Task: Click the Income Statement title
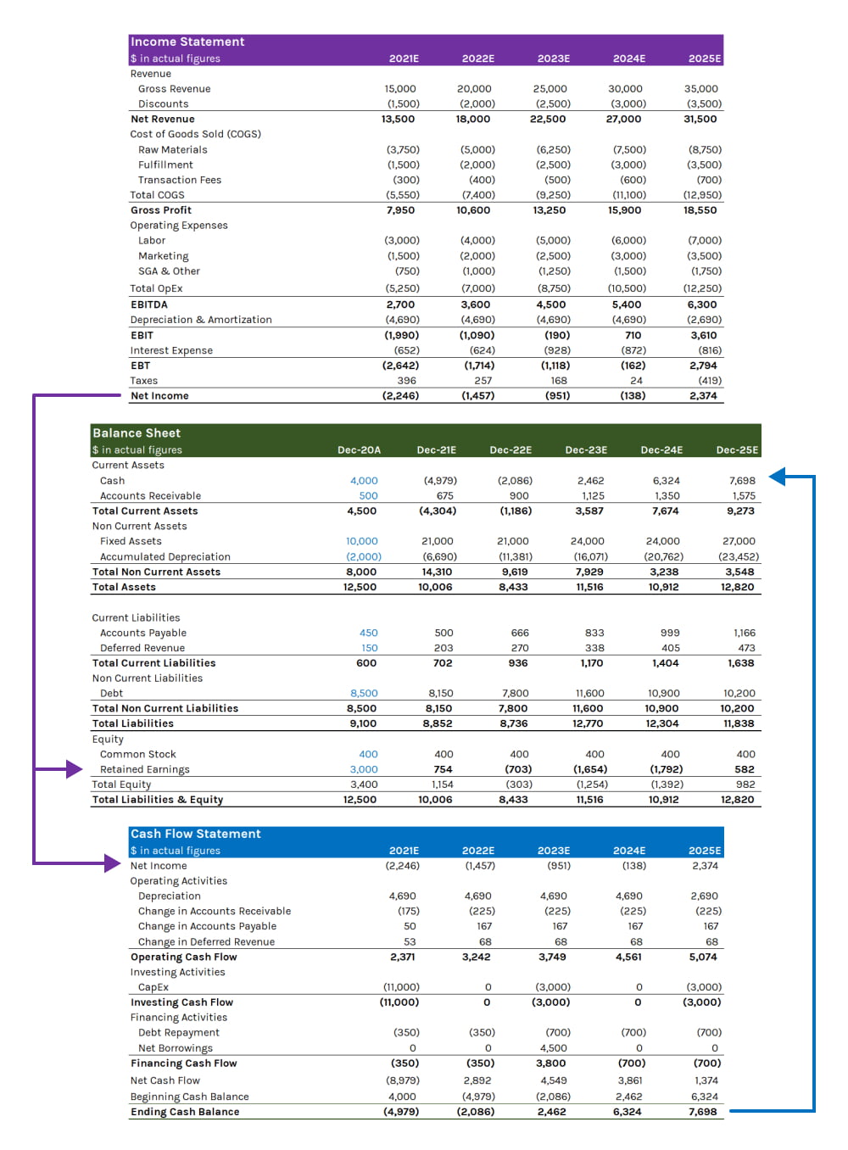click(187, 42)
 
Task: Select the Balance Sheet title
click(137, 433)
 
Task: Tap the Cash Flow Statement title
click(196, 834)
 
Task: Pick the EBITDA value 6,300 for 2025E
click(702, 304)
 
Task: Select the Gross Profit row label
click(161, 210)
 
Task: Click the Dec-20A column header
click(359, 449)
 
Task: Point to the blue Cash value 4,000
click(364, 481)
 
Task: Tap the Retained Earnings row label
click(145, 769)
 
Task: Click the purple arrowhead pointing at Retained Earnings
click(75, 769)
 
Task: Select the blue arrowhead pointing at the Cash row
click(778, 477)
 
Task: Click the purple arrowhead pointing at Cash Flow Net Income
click(113, 864)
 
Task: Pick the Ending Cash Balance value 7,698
click(703, 1111)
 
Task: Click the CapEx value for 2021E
click(401, 987)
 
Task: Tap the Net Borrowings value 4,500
click(554, 1047)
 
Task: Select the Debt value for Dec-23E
click(589, 693)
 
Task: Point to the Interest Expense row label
click(171, 350)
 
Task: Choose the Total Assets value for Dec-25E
click(738, 587)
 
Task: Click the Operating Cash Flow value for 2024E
click(628, 957)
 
